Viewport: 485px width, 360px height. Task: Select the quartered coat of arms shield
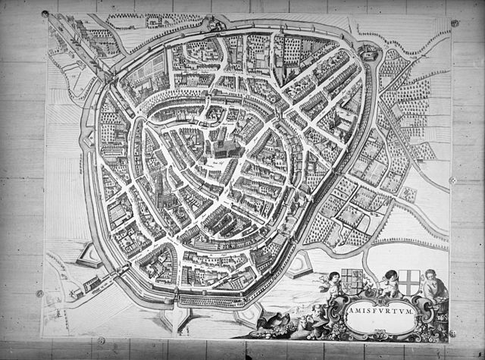coord(352,281)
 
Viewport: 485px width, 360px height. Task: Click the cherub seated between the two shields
coord(389,283)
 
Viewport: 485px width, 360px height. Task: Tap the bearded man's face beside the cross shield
coord(431,275)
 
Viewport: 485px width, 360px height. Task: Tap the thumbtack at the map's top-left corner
coord(45,14)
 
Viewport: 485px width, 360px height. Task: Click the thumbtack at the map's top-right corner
coord(455,23)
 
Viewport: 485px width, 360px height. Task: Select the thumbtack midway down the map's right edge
coord(453,180)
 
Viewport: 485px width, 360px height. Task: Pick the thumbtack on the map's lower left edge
coord(39,293)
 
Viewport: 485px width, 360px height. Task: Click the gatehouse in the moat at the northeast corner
coord(368,52)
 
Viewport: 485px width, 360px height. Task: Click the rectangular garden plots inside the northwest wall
coord(155,64)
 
